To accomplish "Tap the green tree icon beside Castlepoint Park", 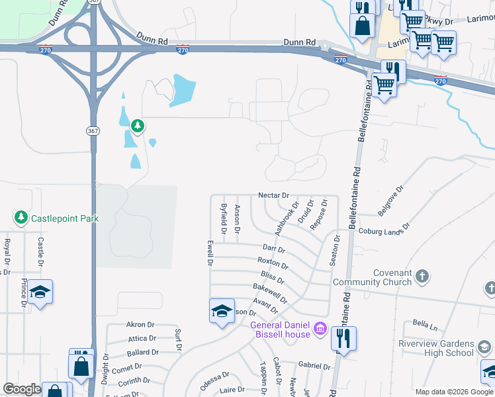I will coord(21,217).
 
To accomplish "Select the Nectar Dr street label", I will coord(273,195).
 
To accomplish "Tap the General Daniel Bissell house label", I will coord(280,329).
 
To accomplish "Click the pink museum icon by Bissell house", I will coord(320,328).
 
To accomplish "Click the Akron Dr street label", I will coord(140,325).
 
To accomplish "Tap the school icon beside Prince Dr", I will coord(40,292).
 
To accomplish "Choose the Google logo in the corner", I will coord(22,389).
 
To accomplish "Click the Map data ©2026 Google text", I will coord(453,392).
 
